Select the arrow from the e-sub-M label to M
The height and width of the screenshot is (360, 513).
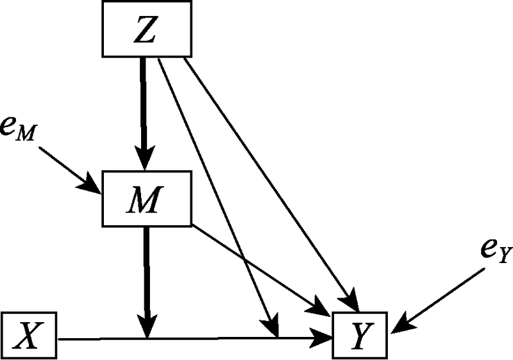68,169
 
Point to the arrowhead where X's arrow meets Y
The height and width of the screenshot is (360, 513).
324,337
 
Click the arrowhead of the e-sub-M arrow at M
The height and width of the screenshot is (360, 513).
90,187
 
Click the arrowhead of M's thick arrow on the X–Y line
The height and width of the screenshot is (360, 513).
147,327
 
